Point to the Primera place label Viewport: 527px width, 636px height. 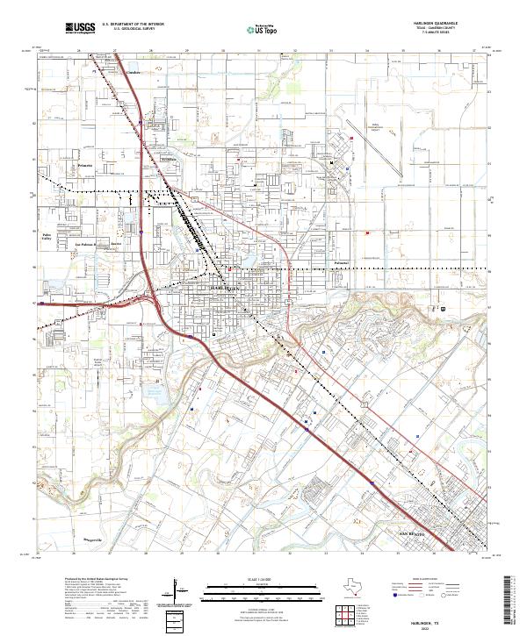[x=84, y=165]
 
